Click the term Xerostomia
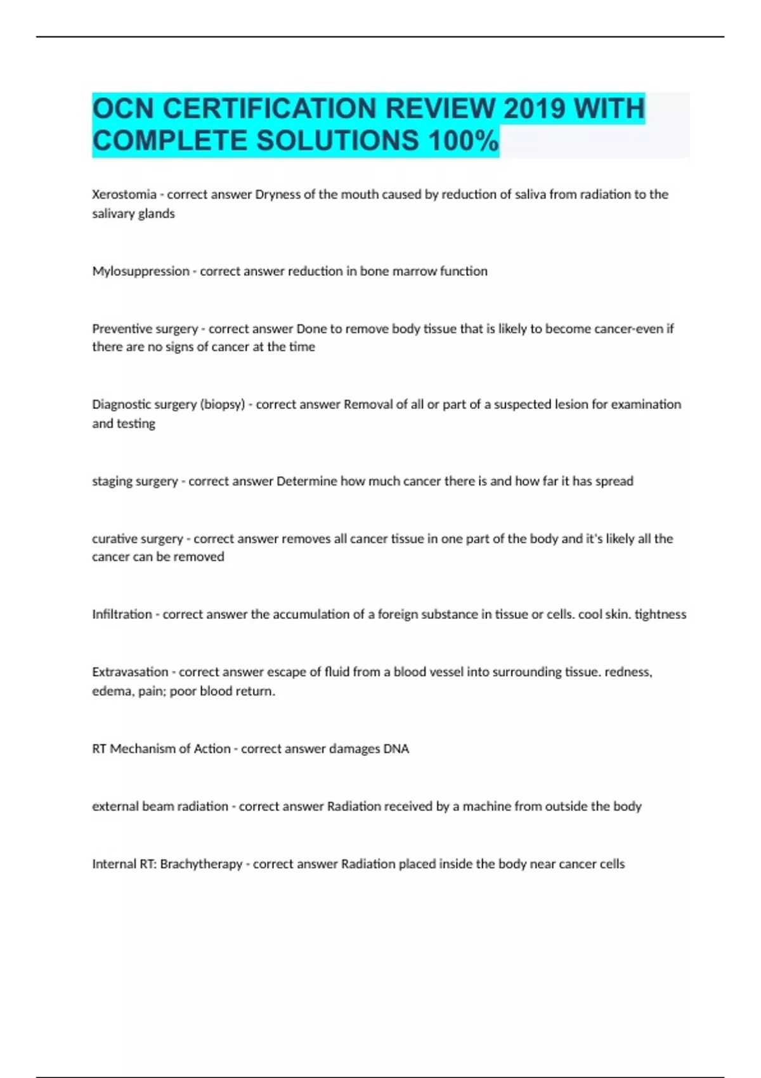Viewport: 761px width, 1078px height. point(124,194)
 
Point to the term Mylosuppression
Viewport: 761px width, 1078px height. point(141,271)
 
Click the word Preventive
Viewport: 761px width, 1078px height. point(118,328)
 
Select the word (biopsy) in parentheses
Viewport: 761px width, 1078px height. point(222,405)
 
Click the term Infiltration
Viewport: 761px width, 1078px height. point(122,614)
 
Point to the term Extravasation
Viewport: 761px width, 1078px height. point(130,672)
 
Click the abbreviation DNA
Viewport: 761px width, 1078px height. point(396,749)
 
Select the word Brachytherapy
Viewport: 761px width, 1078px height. point(201,864)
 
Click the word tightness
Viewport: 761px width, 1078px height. point(660,614)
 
